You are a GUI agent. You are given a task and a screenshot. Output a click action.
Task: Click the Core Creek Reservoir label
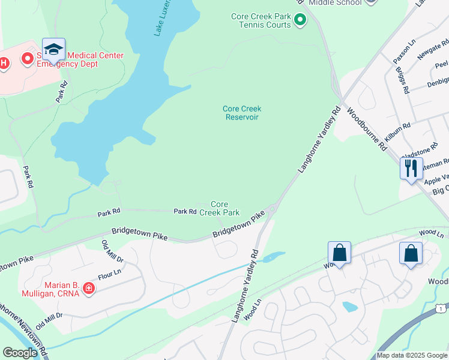pyautogui.click(x=242, y=113)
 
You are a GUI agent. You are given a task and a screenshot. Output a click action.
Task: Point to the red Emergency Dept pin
pyautogui.click(x=27, y=59)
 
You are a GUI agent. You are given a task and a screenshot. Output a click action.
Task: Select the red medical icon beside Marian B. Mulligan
pyautogui.click(x=89, y=289)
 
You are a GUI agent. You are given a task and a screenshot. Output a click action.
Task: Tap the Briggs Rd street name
pyautogui.click(x=402, y=80)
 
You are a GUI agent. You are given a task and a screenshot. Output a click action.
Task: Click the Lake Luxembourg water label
pyautogui.click(x=165, y=18)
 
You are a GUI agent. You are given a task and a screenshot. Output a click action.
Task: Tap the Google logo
pyautogui.click(x=20, y=353)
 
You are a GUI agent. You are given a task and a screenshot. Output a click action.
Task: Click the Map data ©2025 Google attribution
pyautogui.click(x=412, y=355)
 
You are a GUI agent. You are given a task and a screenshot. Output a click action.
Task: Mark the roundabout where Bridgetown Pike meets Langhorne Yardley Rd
pyautogui.click(x=272, y=209)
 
